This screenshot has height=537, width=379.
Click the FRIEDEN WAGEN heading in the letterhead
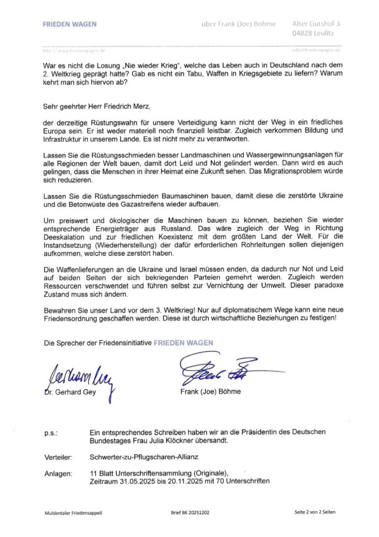[70, 24]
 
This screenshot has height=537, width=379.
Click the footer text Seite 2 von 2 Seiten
[315, 512]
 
